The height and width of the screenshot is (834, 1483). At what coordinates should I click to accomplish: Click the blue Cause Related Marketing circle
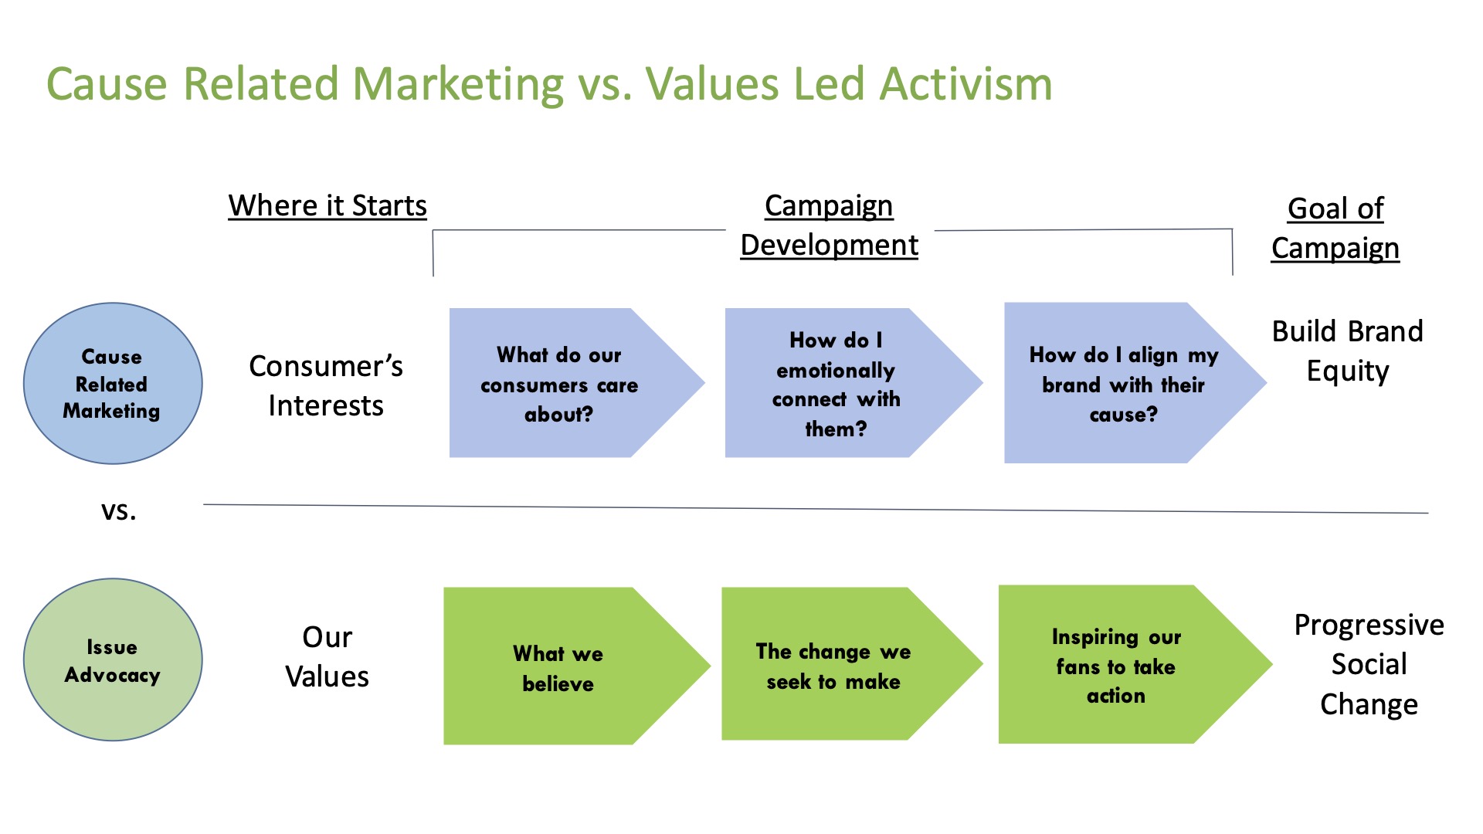point(113,383)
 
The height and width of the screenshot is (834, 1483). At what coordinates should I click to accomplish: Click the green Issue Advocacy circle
point(113,660)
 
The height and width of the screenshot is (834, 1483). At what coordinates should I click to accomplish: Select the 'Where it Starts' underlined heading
point(327,206)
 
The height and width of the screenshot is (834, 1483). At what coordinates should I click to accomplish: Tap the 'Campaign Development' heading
point(829,225)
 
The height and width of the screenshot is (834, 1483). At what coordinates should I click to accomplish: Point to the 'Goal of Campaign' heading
point(1335,229)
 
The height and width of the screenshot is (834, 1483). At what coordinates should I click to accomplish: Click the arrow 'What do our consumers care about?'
point(560,384)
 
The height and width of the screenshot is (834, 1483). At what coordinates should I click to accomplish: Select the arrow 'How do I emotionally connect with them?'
point(836,384)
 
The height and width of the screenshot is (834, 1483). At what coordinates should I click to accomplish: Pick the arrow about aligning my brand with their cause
point(1123,384)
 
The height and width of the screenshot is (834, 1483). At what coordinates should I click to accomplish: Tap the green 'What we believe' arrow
point(558,667)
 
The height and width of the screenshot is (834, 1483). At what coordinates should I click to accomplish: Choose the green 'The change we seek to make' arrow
point(833,666)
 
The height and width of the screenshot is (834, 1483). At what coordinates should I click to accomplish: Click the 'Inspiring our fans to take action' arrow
point(1116,666)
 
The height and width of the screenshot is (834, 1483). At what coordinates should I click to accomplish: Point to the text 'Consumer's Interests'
point(326,385)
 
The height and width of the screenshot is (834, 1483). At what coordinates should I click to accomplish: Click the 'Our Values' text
point(327,657)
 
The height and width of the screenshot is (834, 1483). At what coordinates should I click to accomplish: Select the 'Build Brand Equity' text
point(1348,351)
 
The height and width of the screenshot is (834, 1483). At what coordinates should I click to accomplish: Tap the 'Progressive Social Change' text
point(1369,664)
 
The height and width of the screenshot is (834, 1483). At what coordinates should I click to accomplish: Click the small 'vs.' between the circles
point(119,510)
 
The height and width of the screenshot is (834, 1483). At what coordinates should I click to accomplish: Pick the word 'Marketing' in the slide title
point(459,84)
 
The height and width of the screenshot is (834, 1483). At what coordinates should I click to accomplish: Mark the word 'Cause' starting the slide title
point(107,84)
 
